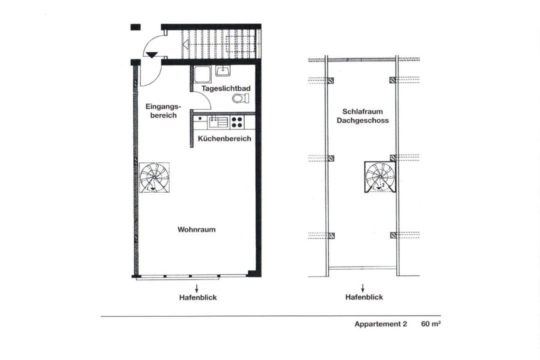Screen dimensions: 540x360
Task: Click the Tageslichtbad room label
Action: pos(226,88)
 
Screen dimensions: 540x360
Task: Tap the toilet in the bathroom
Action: pos(240,98)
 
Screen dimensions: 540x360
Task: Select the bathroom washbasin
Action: pos(223,71)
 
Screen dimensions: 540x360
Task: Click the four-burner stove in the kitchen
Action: pos(236,122)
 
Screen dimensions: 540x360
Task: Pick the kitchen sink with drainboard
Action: pos(217,122)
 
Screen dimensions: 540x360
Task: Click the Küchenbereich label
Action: pos(224,139)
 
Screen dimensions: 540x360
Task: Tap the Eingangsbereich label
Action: pos(163,110)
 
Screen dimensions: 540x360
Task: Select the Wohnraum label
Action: pos(196,229)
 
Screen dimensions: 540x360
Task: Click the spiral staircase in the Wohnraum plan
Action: pos(154,177)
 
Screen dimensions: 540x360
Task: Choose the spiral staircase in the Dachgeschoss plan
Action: pos(380,176)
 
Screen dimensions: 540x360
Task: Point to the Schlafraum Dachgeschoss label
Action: pos(362,116)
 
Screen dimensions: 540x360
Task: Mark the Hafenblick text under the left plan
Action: pos(198,297)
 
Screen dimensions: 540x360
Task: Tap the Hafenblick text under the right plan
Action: pos(364,297)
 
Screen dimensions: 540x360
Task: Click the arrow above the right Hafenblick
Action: pos(362,288)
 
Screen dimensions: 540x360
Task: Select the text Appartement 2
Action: pos(380,324)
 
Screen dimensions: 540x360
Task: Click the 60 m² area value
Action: pos(431,324)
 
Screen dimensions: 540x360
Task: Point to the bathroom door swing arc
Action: pos(206,98)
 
